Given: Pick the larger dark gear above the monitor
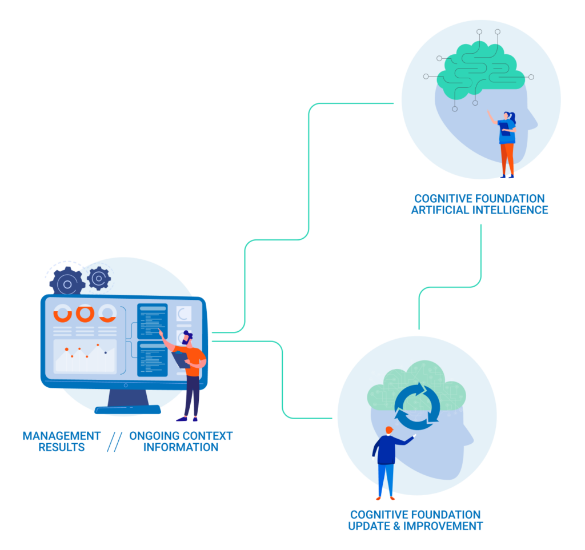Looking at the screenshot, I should point(67,283).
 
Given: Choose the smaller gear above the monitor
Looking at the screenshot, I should point(99,278).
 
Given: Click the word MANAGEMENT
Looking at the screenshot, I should point(62,436).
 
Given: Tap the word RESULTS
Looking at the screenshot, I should point(62,447).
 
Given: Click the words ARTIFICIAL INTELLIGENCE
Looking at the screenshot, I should point(479,210).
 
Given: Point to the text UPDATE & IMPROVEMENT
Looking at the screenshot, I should point(415,526).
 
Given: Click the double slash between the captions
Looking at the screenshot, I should point(115,441).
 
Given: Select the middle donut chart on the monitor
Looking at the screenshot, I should point(85,313).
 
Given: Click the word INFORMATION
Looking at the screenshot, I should point(181,447).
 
